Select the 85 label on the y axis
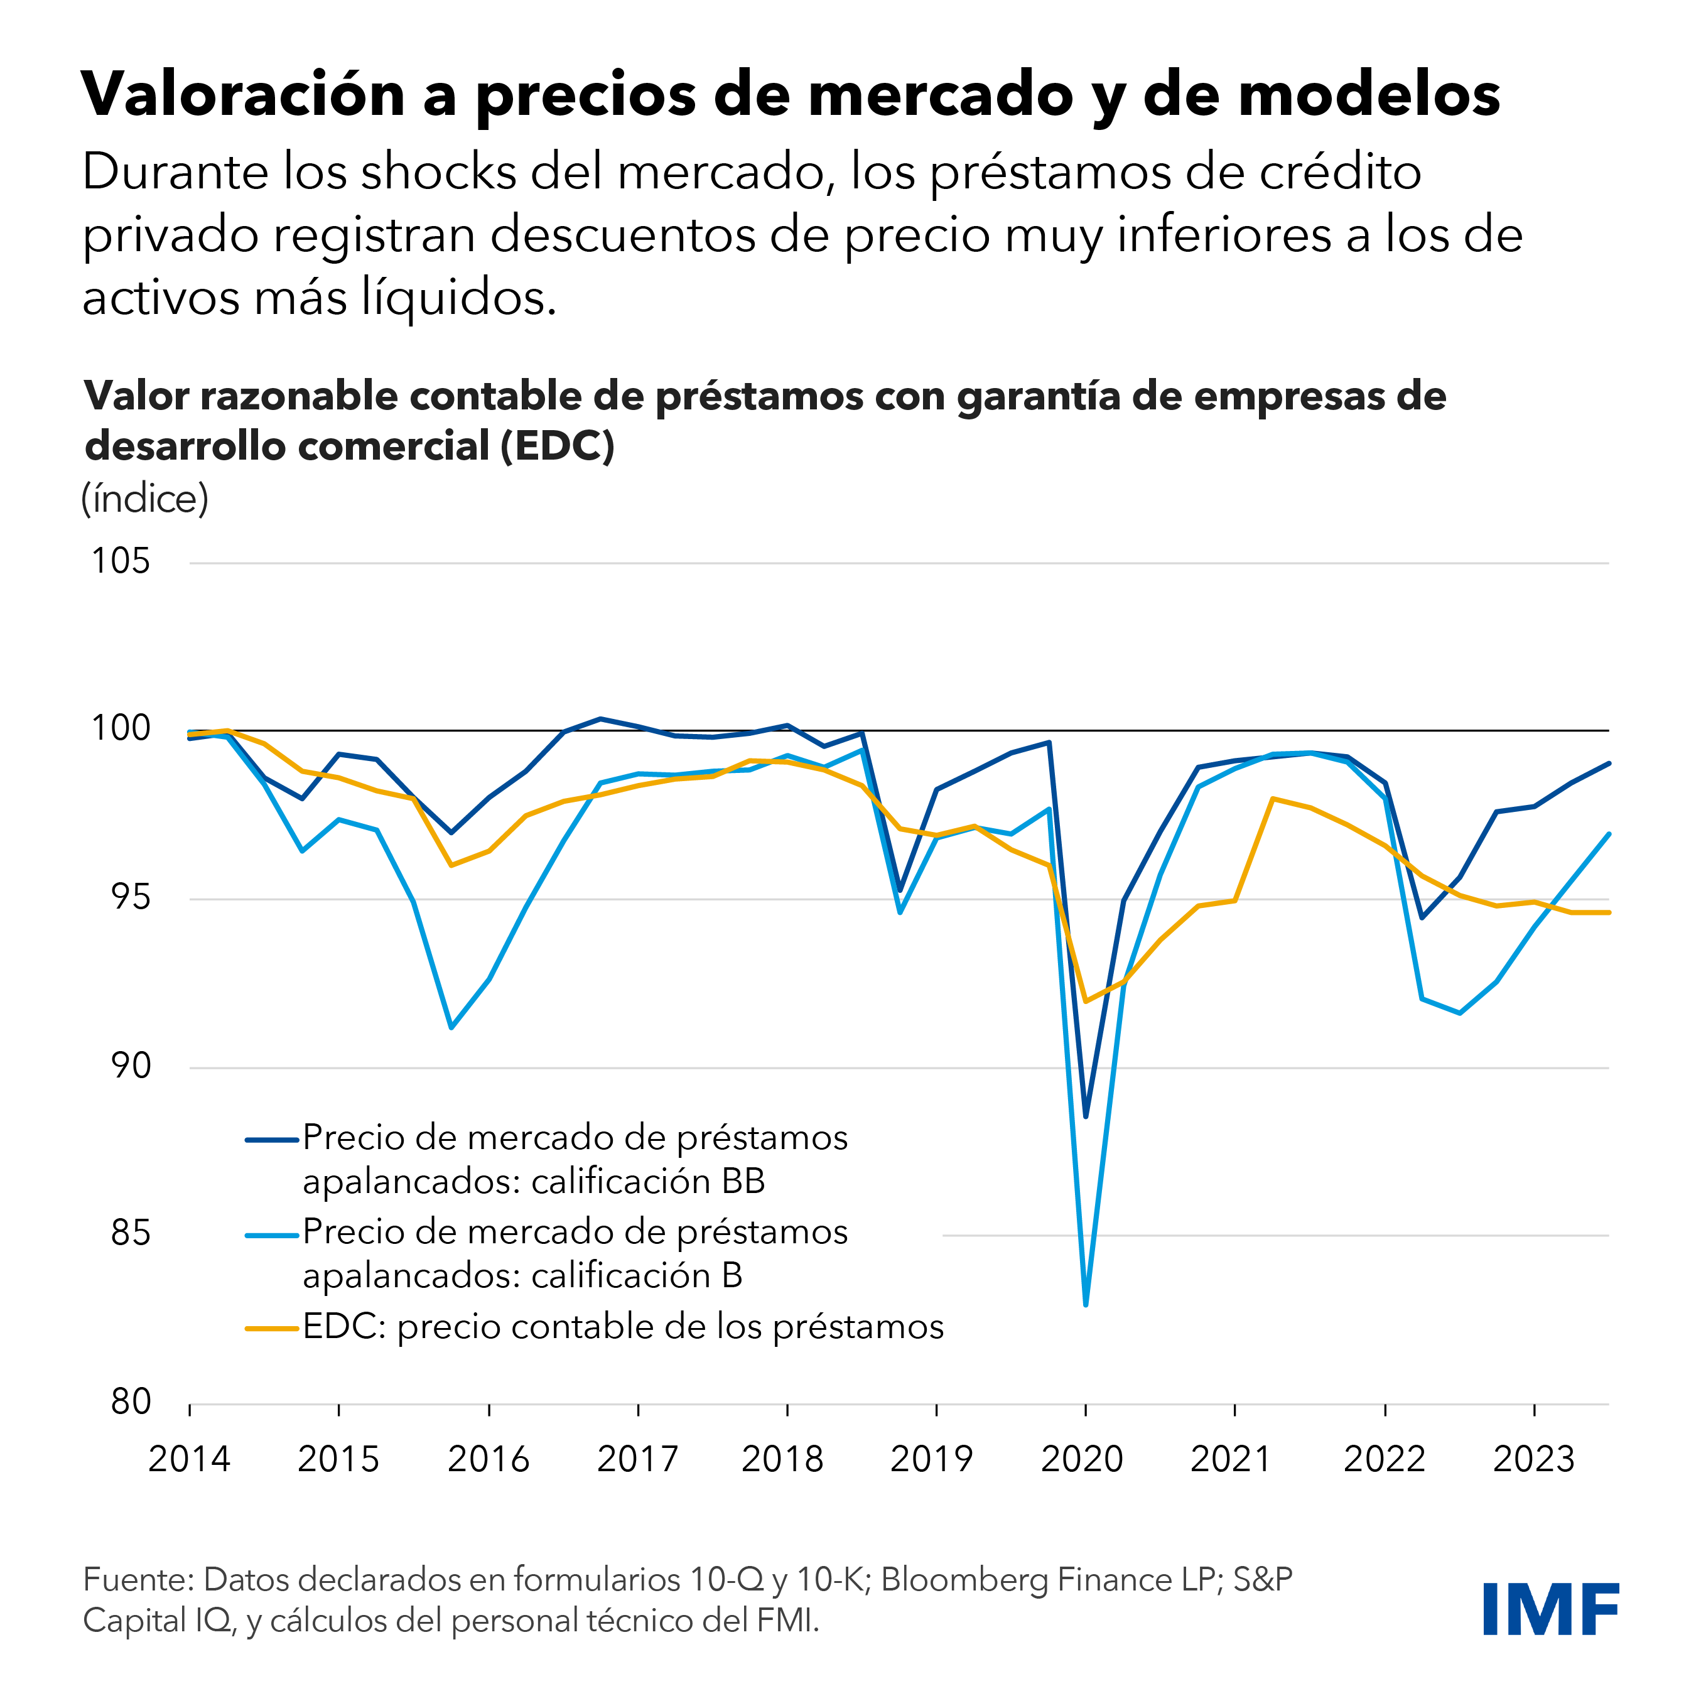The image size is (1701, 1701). coord(131,1233)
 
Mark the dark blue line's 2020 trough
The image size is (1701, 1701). coord(1086,1116)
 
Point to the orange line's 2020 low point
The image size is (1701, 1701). coord(1086,1001)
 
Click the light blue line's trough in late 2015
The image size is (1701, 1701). coord(451,1027)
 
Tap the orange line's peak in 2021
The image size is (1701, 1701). coord(1272,799)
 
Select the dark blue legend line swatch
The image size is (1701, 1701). coord(272,1140)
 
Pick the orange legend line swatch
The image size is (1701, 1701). coord(272,1327)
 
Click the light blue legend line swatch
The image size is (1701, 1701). coord(272,1234)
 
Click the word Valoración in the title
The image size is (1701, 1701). coord(243,94)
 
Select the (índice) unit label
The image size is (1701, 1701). coord(144,499)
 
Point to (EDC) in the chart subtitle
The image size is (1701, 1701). coord(558,446)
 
